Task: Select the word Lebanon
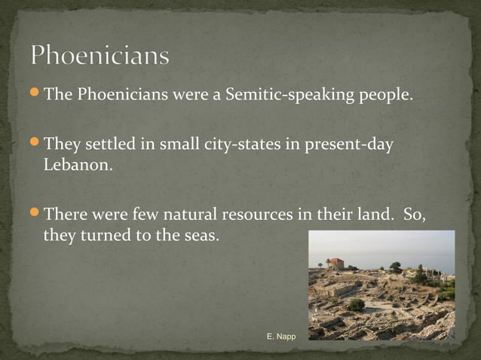(78, 164)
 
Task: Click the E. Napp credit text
(281, 335)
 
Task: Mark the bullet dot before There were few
(35, 214)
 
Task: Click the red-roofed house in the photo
(335, 264)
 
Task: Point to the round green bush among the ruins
(356, 304)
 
